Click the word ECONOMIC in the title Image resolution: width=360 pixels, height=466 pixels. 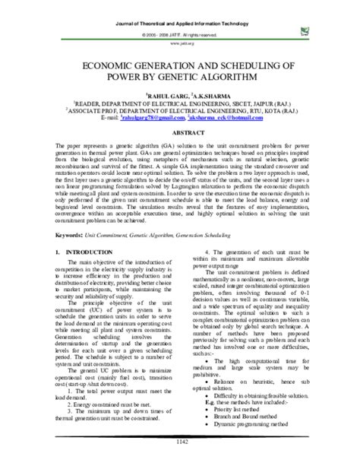click(106, 66)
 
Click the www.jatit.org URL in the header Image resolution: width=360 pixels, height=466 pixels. click(179, 44)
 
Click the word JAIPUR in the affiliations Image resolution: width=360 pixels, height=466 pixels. click(255, 102)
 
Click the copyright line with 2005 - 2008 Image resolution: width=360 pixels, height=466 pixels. click(179, 36)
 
